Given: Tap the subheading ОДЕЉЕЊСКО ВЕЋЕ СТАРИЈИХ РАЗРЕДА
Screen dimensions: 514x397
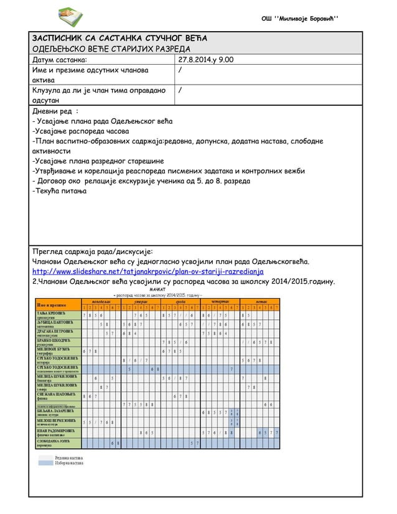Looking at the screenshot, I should tap(111, 49).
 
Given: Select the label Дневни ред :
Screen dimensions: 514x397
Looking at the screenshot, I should tap(55, 111).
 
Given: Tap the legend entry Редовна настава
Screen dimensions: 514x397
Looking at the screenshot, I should tap(69, 457).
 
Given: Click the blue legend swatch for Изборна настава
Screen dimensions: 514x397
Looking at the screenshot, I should tap(45, 463).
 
